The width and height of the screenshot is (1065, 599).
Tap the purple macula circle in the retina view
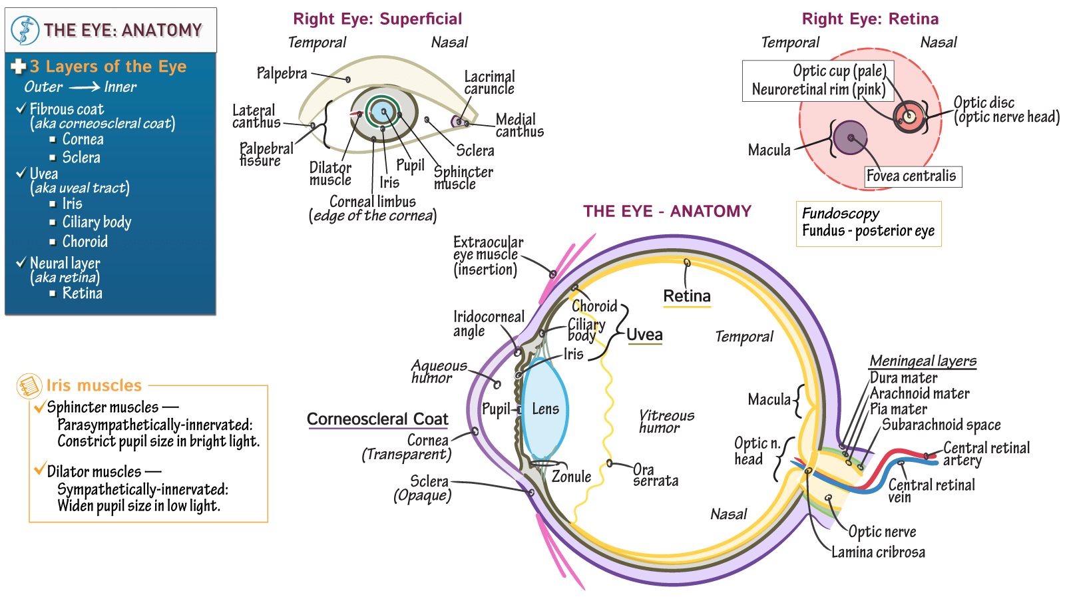(x=851, y=138)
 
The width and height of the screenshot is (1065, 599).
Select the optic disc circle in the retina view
(x=909, y=117)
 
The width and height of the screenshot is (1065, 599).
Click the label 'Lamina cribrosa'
(x=878, y=552)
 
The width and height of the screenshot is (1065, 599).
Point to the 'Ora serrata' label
(x=655, y=475)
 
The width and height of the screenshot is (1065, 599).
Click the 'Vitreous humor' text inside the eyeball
(x=666, y=421)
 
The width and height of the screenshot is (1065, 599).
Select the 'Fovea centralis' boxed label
(x=911, y=176)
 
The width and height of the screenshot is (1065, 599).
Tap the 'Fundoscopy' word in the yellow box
(x=840, y=214)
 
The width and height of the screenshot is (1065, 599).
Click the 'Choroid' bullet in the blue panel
(x=85, y=242)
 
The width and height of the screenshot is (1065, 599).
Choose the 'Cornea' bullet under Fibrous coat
(x=83, y=139)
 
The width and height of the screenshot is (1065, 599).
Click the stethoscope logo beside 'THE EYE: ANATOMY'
(x=25, y=30)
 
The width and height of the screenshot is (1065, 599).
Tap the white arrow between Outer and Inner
(x=85, y=87)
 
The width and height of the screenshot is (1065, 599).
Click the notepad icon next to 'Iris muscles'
(x=29, y=386)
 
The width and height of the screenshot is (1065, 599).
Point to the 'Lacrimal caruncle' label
(x=489, y=83)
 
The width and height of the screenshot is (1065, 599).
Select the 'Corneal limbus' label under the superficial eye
(x=372, y=202)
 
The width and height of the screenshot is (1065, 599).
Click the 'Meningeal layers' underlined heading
(x=923, y=361)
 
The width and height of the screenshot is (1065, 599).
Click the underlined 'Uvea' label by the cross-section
(x=644, y=335)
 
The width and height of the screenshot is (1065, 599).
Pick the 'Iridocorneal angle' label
(x=489, y=323)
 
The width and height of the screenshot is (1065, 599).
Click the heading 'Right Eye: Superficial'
(x=377, y=19)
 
